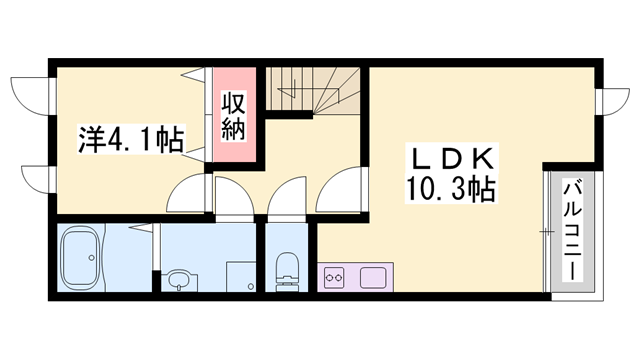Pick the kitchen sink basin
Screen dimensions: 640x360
[x=374, y=276]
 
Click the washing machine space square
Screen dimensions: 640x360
[x=240, y=275]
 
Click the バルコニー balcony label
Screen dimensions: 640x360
[x=572, y=230]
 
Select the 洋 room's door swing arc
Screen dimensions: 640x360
[x=189, y=195]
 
